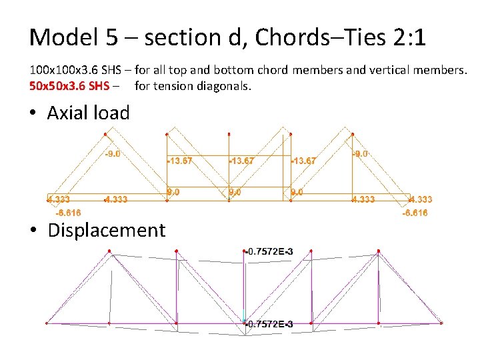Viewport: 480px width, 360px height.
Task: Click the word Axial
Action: click(x=69, y=113)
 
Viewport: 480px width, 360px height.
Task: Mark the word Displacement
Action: click(x=107, y=230)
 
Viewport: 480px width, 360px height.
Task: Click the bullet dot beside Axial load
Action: click(x=34, y=113)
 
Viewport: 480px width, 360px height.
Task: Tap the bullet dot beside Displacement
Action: click(x=34, y=231)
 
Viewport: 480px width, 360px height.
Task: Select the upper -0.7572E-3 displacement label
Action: click(x=270, y=251)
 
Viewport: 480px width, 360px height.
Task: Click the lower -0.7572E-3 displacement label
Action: click(x=270, y=324)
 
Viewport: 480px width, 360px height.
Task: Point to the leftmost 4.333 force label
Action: click(x=59, y=199)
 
